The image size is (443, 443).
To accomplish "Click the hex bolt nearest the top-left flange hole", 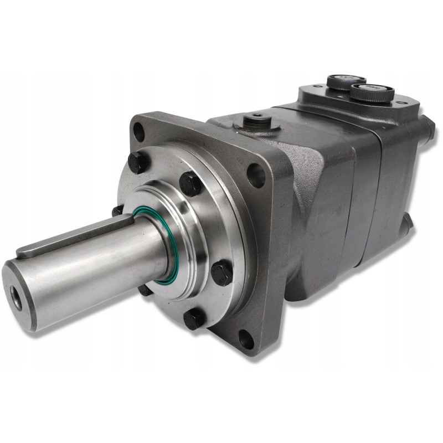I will tap(138, 162).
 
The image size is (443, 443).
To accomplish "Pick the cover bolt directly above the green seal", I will tap(190, 183).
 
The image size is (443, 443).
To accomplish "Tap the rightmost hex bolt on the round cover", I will tap(221, 272).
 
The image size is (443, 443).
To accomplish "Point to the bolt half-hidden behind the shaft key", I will tap(117, 211).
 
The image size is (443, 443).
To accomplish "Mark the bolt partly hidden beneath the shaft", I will tap(145, 290).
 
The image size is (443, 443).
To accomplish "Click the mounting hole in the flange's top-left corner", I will tap(138, 132).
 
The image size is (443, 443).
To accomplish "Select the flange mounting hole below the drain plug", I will tap(255, 174).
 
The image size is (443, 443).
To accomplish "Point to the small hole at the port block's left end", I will tap(306, 89).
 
